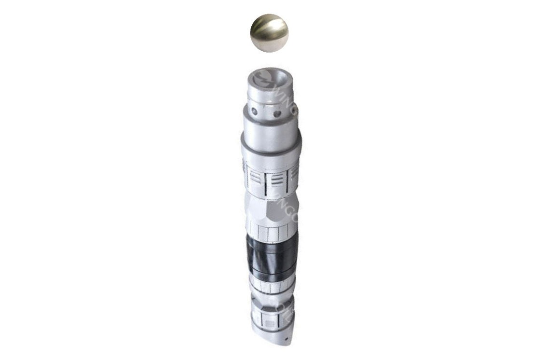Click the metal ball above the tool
click(269, 33)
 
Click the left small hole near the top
click(254, 111)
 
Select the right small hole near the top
click(277, 114)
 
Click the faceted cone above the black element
click(272, 209)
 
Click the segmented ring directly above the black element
click(271, 233)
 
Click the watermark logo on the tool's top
click(264, 78)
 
